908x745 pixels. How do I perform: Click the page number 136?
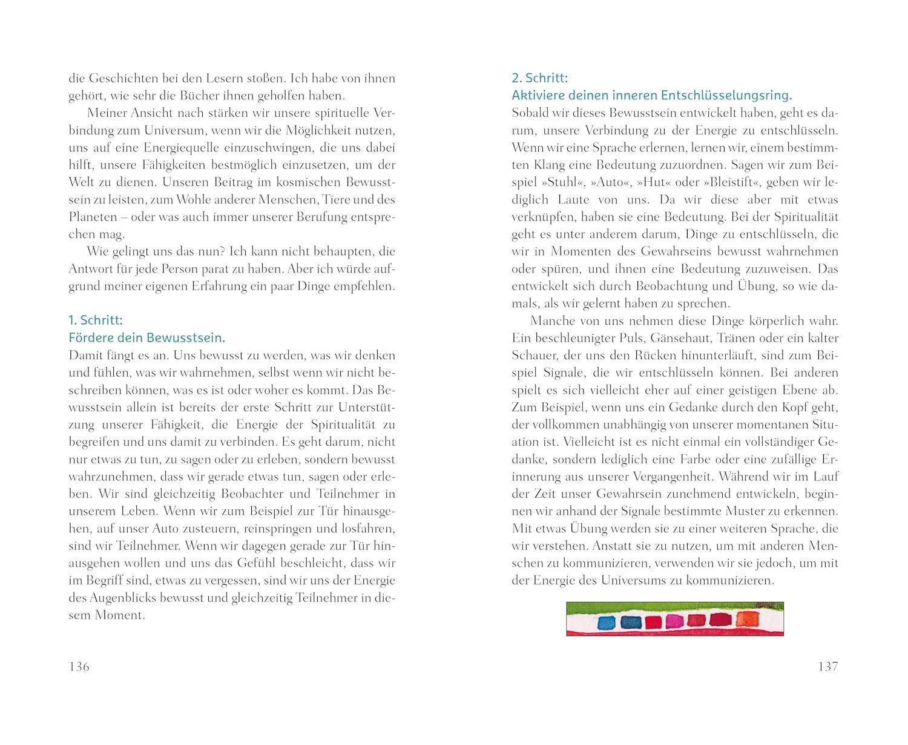pos(79,667)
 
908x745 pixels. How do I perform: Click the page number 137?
pos(827,667)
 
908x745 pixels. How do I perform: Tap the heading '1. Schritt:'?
pos(96,320)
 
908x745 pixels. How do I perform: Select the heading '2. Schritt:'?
pos(539,78)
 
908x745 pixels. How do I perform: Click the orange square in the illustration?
pos(748,619)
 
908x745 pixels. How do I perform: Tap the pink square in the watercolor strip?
pos(673,621)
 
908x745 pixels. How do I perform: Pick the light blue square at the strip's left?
pos(606,623)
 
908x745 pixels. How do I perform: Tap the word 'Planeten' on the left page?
pos(93,217)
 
